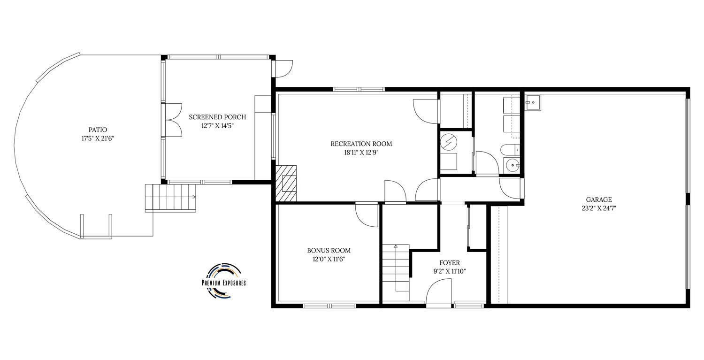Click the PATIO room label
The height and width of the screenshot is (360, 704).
coord(98,130)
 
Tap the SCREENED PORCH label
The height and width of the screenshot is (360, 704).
coord(217,117)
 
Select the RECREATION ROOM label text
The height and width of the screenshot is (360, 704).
coord(361,144)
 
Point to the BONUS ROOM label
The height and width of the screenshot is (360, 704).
coord(329,250)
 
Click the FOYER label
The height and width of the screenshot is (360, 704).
coord(450,262)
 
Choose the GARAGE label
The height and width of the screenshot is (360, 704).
coord(599,199)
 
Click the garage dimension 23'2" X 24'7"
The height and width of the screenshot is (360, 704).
coord(599,208)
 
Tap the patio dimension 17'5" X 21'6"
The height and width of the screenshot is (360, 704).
coord(98,138)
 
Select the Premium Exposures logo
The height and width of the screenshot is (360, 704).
coord(224,281)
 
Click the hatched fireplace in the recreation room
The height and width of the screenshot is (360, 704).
coord(286,184)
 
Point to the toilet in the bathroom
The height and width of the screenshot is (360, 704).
coord(510,150)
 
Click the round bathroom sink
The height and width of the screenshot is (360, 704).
coord(513,165)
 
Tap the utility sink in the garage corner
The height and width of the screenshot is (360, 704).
coord(533,102)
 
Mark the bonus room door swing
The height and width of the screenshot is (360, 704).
coord(367,215)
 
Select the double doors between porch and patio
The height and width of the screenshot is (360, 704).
coord(174,120)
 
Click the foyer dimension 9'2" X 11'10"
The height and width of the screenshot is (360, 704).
coord(450,271)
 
